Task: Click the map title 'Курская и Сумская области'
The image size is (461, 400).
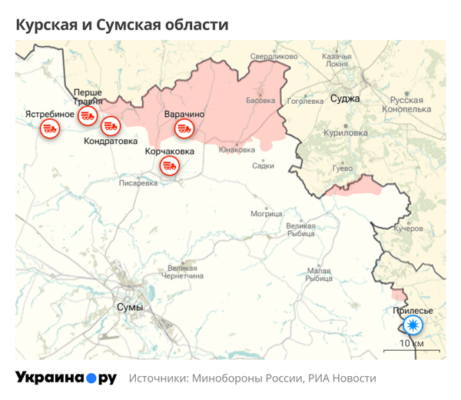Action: point(122,25)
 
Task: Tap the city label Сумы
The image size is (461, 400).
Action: point(129,307)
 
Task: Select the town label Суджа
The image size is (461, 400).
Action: point(344,98)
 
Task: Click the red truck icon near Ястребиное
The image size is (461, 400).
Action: point(50,128)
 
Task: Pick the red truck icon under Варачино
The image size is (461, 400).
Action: point(184,128)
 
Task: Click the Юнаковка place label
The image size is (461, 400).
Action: point(237,149)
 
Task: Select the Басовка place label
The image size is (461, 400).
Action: point(260,101)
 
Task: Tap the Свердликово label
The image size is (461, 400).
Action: point(274,56)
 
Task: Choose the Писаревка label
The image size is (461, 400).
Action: point(138,183)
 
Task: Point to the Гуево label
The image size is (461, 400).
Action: point(342,168)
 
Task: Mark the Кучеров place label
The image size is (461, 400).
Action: point(408,229)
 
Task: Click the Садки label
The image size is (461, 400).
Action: point(263,165)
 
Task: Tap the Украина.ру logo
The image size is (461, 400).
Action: point(66,378)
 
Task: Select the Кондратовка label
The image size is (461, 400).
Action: point(111,142)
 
